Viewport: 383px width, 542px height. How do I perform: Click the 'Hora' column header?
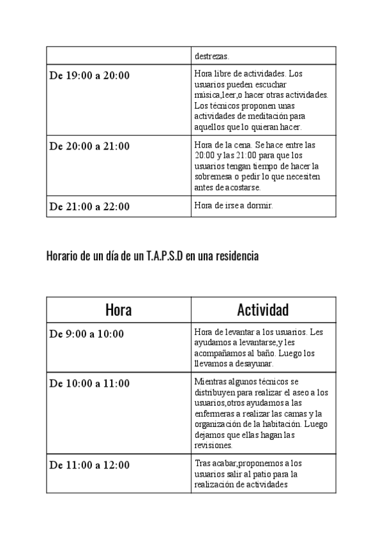[119, 311]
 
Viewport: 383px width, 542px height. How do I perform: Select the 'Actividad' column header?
[263, 311]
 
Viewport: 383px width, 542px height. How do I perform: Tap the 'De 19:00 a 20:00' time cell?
[89, 75]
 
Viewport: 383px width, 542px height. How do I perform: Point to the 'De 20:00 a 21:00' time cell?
[89, 146]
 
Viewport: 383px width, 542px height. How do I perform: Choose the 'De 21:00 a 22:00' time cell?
[89, 206]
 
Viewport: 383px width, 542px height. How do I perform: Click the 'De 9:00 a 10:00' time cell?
[87, 334]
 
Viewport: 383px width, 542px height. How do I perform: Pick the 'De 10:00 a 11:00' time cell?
[89, 383]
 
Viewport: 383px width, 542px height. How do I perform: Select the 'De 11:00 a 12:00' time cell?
[89, 465]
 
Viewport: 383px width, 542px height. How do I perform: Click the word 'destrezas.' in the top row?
[213, 57]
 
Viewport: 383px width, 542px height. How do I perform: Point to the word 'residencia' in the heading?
[236, 256]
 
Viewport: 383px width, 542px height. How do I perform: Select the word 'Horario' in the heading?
[61, 256]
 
